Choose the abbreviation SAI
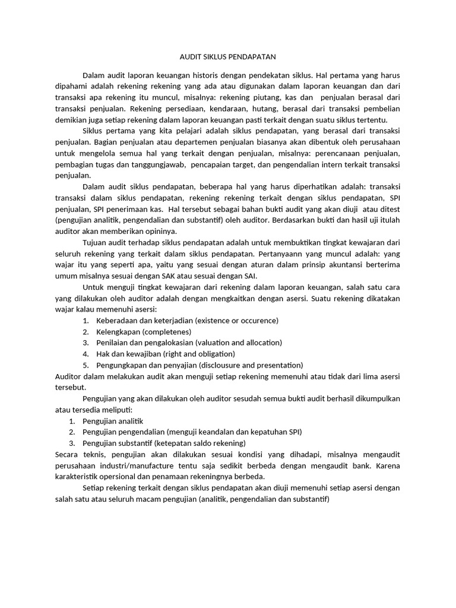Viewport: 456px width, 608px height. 248,275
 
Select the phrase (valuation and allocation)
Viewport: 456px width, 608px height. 235,343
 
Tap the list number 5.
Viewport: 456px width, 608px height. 85,365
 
